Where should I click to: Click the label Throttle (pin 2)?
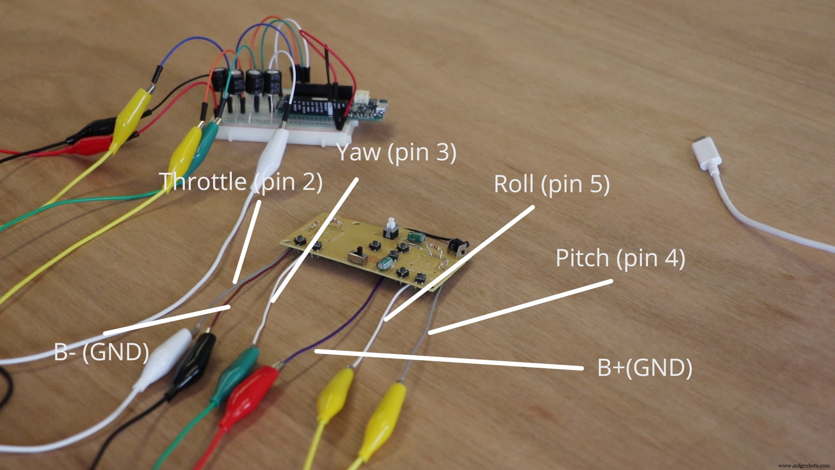pos(240,181)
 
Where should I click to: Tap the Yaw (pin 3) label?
pos(396,152)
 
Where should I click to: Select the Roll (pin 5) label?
pos(551,184)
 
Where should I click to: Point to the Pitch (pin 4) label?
pos(620,258)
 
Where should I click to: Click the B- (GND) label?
pos(101,352)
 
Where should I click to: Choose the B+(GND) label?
pos(645,368)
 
